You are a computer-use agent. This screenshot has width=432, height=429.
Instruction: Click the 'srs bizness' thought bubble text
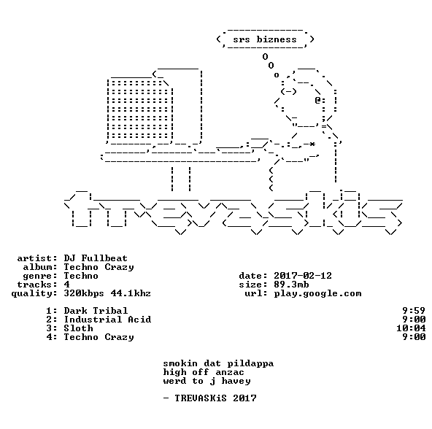[x=265, y=39]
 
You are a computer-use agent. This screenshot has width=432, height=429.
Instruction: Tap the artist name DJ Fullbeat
[x=96, y=258]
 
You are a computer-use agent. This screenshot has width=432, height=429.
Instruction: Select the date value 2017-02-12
[x=303, y=276]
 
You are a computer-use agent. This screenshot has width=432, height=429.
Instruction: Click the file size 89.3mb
[x=291, y=285]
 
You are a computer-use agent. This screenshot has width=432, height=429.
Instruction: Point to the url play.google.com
[x=317, y=293]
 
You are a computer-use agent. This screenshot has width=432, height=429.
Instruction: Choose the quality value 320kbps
[x=84, y=293]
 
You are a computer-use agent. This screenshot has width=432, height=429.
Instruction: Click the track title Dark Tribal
[x=96, y=311]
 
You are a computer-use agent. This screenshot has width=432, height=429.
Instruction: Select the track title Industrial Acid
[x=107, y=320]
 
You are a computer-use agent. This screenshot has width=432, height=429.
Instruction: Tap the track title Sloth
[x=78, y=328]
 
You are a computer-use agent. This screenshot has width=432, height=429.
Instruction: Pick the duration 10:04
[x=411, y=328]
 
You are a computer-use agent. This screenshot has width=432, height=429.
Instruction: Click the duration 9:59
[x=414, y=311]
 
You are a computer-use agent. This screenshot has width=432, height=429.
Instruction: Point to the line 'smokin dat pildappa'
[x=218, y=363]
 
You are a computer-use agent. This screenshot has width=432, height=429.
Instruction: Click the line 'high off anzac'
[x=204, y=372]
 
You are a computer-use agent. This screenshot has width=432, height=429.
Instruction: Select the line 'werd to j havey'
[x=207, y=381]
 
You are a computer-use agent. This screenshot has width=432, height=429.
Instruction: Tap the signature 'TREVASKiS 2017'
[x=215, y=398]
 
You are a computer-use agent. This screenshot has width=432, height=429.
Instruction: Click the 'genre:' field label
[x=40, y=276]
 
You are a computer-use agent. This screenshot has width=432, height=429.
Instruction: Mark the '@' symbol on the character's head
[x=317, y=100]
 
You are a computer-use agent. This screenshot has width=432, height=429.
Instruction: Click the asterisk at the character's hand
[x=312, y=144]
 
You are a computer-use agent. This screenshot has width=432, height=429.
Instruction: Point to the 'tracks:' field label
[x=37, y=285]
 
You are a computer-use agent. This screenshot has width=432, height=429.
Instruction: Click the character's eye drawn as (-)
[x=288, y=91]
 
